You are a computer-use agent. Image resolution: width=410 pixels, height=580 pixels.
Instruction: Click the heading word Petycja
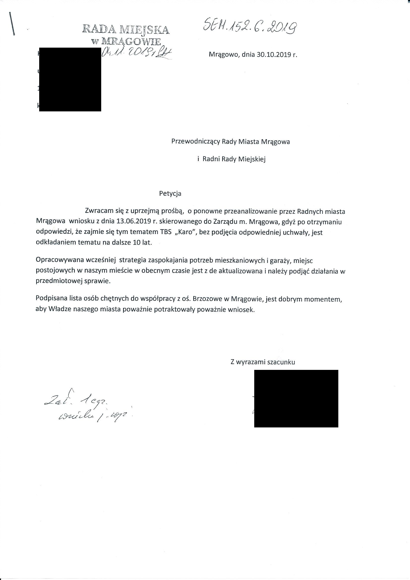(x=170, y=193)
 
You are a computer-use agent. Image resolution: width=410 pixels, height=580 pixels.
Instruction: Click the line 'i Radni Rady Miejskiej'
(x=231, y=159)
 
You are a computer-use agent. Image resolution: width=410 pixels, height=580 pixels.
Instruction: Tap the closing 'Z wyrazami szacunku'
(x=262, y=362)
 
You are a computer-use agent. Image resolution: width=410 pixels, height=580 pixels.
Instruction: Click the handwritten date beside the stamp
(x=137, y=53)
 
